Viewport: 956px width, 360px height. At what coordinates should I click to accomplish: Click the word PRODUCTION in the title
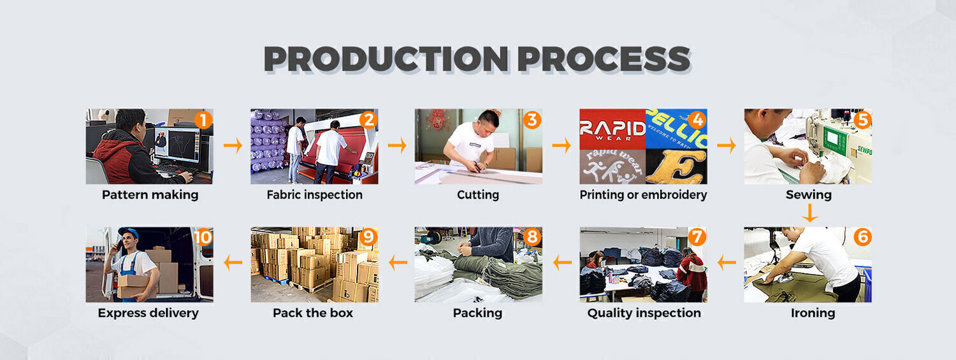(x=386, y=59)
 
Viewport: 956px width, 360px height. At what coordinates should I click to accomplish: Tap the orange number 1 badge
(x=203, y=120)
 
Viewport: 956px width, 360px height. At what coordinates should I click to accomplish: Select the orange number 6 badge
(x=862, y=237)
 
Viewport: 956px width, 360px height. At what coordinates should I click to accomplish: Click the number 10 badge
(x=203, y=237)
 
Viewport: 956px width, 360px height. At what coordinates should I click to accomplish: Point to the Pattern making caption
(x=150, y=195)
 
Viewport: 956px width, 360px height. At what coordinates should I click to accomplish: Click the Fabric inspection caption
(x=315, y=195)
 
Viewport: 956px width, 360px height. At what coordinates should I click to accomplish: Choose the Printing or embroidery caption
(x=643, y=195)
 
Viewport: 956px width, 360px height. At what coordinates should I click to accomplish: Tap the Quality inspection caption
(x=644, y=313)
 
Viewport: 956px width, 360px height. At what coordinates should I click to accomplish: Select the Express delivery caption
(x=148, y=313)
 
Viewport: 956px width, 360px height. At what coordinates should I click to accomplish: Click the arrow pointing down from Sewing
(x=809, y=213)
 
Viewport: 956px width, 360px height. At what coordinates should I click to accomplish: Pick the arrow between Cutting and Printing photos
(x=561, y=145)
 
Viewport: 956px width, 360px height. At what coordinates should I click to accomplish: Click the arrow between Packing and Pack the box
(x=398, y=263)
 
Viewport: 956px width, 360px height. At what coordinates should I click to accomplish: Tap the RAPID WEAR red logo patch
(x=612, y=129)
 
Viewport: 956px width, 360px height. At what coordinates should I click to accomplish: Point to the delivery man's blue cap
(x=129, y=233)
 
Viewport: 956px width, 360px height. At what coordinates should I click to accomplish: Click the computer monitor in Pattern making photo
(x=177, y=145)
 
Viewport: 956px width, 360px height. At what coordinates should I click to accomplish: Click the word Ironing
(x=813, y=313)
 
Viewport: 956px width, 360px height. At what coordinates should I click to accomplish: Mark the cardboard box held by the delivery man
(x=133, y=286)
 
